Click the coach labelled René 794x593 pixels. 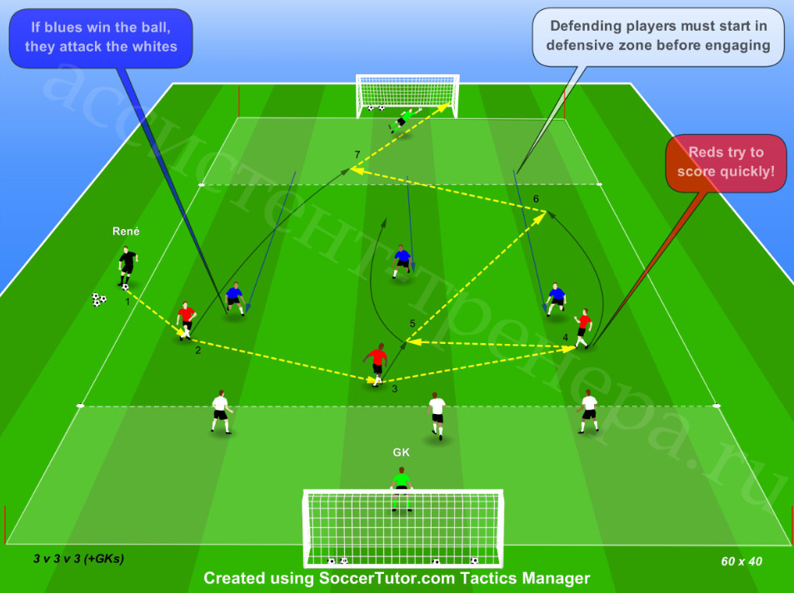[127, 267]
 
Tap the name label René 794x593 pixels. [126, 232]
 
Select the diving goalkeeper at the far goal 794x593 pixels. [405, 119]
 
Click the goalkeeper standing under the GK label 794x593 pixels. [401, 489]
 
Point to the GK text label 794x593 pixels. [401, 452]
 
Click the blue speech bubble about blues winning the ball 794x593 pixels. [101, 38]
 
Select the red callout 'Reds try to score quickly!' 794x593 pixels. [726, 162]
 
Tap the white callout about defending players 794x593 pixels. [658, 36]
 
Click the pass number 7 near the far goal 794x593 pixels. [357, 154]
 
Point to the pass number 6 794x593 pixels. [536, 199]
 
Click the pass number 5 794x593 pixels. [412, 324]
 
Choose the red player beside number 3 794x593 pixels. [377, 365]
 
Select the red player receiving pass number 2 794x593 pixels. [186, 321]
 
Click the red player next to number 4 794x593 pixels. [583, 328]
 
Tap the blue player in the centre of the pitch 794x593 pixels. [402, 262]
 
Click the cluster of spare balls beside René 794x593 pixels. [99, 300]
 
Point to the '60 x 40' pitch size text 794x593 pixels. [742, 561]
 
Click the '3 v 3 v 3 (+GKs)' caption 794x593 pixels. [78, 559]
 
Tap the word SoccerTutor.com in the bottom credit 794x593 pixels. [387, 578]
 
